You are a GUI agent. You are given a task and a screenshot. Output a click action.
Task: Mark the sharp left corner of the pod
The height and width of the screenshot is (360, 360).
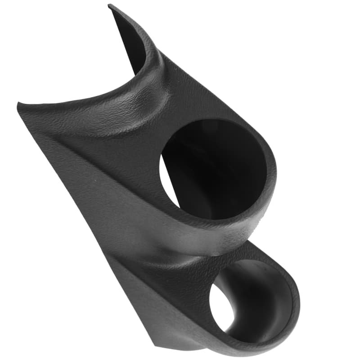click(19, 106)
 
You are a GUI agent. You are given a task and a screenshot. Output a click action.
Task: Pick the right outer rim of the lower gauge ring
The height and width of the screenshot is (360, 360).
click(295, 301)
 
